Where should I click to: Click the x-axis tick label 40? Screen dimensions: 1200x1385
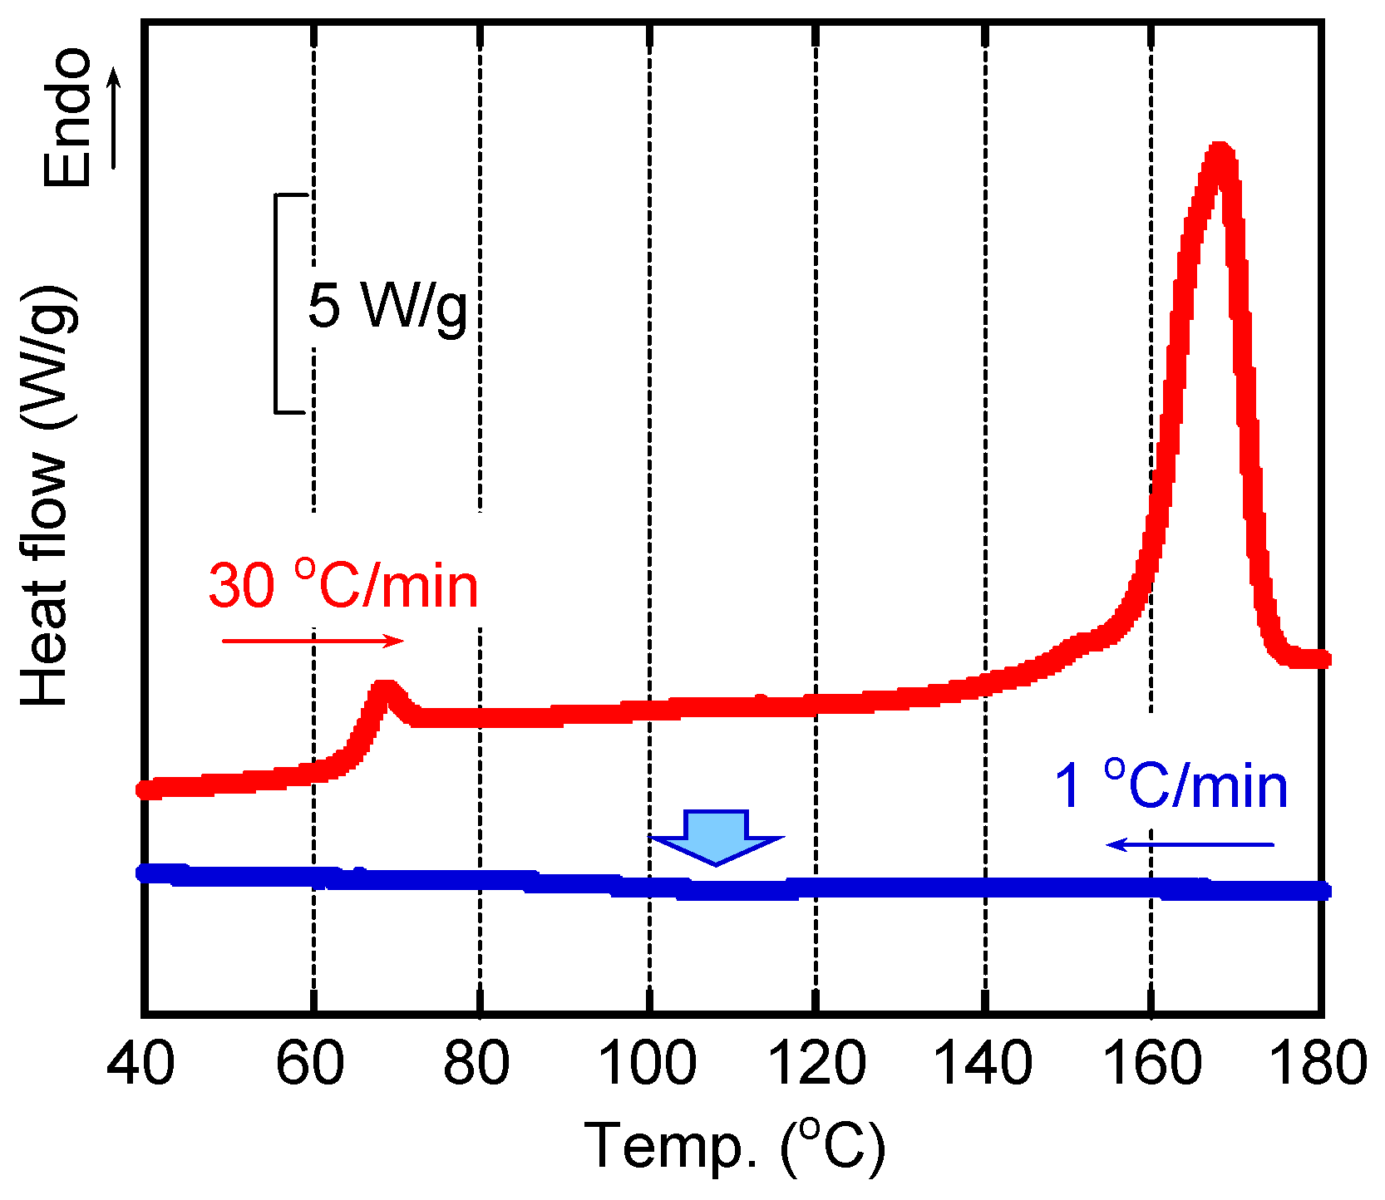pyautogui.click(x=141, y=1063)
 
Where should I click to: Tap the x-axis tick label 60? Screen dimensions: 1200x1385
pyautogui.click(x=310, y=1063)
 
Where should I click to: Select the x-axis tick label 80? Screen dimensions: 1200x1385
pyautogui.click(x=477, y=1063)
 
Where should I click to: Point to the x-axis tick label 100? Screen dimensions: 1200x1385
pyautogui.click(x=648, y=1063)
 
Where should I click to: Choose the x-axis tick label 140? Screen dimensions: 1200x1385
pyautogui.click(x=984, y=1063)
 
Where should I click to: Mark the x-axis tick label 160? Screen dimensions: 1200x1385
pyautogui.click(x=1152, y=1063)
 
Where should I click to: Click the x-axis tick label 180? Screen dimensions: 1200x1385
pyautogui.click(x=1319, y=1063)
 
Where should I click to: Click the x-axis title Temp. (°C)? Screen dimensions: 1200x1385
pyautogui.click(x=735, y=1148)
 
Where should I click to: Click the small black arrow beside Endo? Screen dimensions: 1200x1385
pyautogui.click(x=115, y=117)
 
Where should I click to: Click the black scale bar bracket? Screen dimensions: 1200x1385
pyautogui.click(x=277, y=303)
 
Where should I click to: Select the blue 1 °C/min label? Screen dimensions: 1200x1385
pyautogui.click(x=1171, y=785)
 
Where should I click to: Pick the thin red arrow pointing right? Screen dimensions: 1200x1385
pyautogui.click(x=313, y=641)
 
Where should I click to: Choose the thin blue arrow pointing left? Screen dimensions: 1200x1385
pyautogui.click(x=1189, y=844)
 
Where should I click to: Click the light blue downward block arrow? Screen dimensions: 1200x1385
pyautogui.click(x=717, y=836)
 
